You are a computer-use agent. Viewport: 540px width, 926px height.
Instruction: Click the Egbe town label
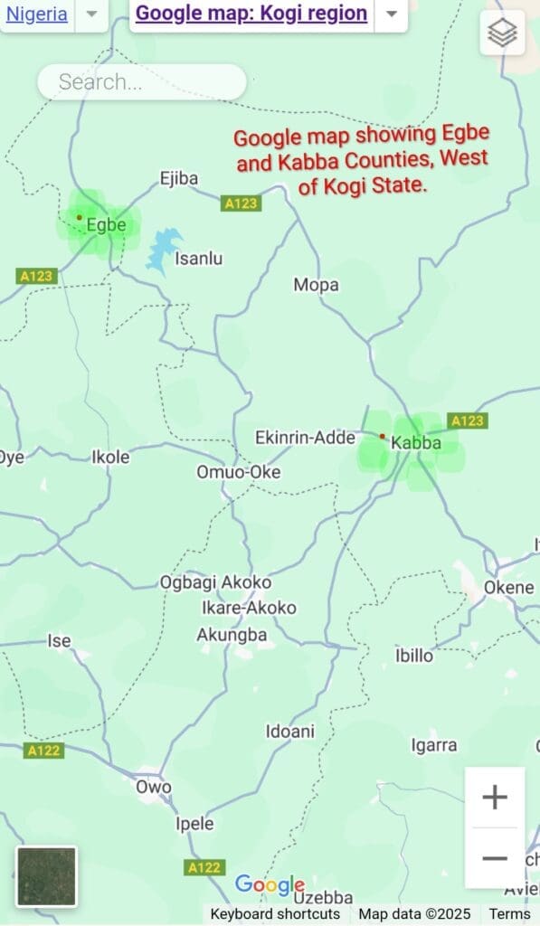(x=106, y=225)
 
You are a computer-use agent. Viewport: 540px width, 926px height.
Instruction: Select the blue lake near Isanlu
(x=163, y=250)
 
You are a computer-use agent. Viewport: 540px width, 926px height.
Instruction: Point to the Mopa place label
(x=317, y=285)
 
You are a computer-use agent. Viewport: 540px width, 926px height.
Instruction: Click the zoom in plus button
(x=495, y=798)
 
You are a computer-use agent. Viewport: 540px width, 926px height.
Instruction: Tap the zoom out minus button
(x=495, y=857)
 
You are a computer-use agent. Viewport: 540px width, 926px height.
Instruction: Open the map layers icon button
(x=502, y=33)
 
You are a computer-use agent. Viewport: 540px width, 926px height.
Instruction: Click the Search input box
(x=142, y=82)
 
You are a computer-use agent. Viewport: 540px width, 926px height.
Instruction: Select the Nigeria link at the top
(x=36, y=14)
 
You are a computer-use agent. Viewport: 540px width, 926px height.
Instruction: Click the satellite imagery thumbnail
(x=46, y=875)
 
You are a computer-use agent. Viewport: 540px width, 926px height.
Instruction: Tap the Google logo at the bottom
(x=269, y=884)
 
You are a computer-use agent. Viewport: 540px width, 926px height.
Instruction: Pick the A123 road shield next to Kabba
(x=468, y=420)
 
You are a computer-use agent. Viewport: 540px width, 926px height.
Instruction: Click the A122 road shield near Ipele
(x=204, y=867)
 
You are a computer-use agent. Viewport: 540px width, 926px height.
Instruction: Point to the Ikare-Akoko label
(x=249, y=608)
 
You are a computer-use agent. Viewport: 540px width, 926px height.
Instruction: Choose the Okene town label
(x=509, y=587)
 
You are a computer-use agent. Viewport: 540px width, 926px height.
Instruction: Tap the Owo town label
(x=153, y=787)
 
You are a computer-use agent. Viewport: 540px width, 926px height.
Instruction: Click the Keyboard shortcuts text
(x=275, y=914)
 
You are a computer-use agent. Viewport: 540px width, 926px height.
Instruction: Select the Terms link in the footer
(x=510, y=914)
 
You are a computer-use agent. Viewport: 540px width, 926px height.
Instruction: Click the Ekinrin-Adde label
(x=305, y=438)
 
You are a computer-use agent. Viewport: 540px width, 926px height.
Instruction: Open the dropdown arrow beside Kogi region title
(x=391, y=14)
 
